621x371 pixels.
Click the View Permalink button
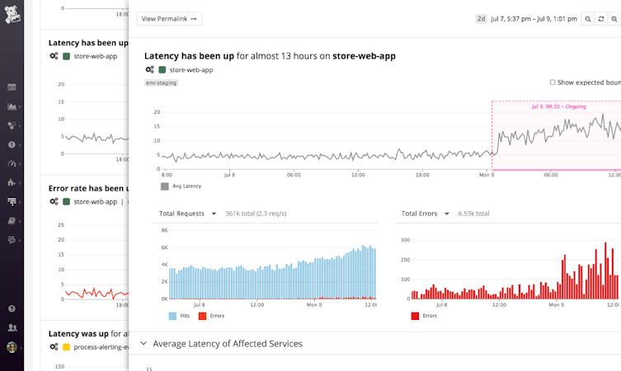pyautogui.click(x=169, y=18)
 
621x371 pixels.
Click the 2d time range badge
pyautogui.click(x=481, y=18)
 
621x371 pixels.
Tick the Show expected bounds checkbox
pyautogui.click(x=553, y=82)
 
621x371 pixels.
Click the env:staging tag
pyautogui.click(x=161, y=82)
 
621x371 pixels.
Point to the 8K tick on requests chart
pyautogui.click(x=163, y=231)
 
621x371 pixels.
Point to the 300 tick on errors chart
pyautogui.click(x=405, y=240)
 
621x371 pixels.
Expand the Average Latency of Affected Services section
pyautogui.click(x=143, y=343)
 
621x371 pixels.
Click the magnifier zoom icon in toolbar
pyautogui.click(x=588, y=18)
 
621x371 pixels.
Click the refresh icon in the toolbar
pyautogui.click(x=601, y=18)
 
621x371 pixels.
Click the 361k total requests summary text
pyautogui.click(x=256, y=214)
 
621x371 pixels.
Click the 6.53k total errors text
pyautogui.click(x=473, y=214)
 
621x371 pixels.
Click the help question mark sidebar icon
pyautogui.click(x=12, y=308)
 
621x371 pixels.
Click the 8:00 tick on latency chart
pyautogui.click(x=167, y=175)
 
